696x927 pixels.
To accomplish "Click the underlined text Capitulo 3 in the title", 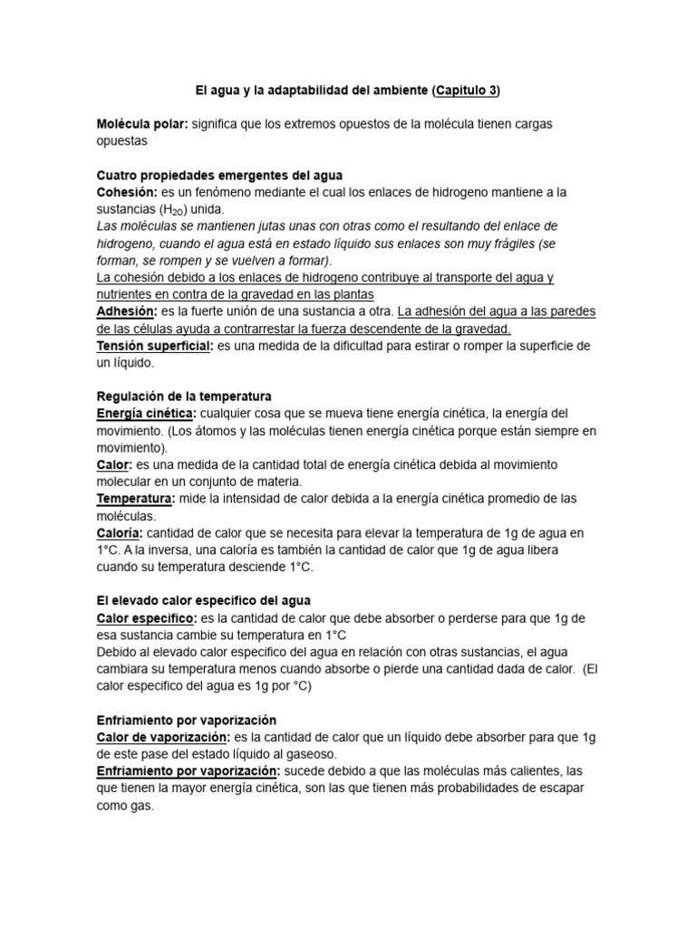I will [466, 91].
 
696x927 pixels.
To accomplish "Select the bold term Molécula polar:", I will [142, 123].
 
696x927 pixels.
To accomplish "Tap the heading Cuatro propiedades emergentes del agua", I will [219, 174].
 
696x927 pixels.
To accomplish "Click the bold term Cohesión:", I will [127, 192].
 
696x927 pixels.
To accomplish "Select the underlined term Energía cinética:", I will [146, 414].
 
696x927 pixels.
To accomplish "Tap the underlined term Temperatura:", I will [135, 499].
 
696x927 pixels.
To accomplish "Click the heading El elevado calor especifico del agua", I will [204, 601].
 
